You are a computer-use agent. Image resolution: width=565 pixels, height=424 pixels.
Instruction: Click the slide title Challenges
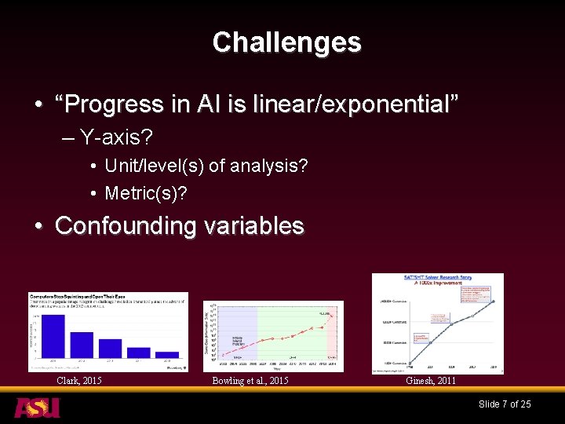click(x=286, y=42)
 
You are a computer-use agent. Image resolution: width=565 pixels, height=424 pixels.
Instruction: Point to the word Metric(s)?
click(x=146, y=192)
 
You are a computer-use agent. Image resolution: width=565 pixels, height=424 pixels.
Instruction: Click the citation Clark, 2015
click(x=79, y=381)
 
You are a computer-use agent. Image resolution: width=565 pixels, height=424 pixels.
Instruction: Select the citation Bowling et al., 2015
click(x=250, y=381)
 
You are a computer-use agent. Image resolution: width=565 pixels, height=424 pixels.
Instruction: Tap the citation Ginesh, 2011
click(x=431, y=381)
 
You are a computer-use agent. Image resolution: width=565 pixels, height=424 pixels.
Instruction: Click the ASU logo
click(x=37, y=408)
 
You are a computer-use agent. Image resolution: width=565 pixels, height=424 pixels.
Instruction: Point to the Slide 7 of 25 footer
click(x=505, y=404)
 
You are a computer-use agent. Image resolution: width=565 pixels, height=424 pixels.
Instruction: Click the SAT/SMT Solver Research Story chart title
click(x=436, y=279)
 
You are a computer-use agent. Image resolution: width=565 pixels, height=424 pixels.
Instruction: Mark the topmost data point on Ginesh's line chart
click(x=493, y=301)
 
